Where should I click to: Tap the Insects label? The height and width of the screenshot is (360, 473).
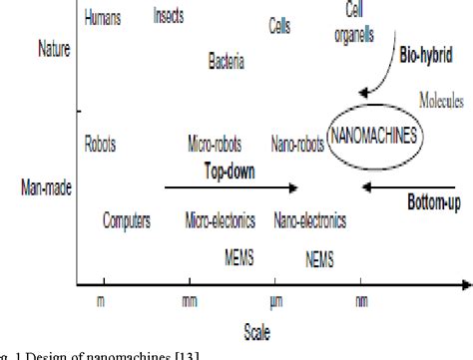coord(175,16)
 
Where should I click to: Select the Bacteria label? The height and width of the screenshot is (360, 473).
coord(227,62)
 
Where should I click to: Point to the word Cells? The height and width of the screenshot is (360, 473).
coord(280,28)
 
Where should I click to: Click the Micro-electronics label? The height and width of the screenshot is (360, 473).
coord(221,220)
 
